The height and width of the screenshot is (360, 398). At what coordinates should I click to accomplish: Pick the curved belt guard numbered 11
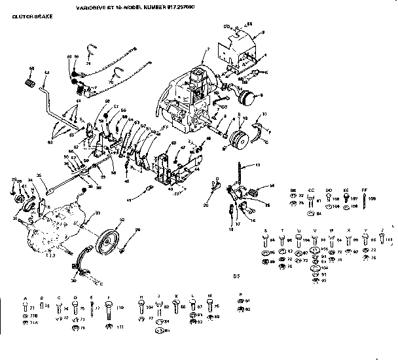pos(261,128)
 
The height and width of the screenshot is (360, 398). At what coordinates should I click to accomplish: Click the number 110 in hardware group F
pos(120,306)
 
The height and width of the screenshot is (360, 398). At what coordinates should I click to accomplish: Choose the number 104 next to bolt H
pos(149,306)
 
